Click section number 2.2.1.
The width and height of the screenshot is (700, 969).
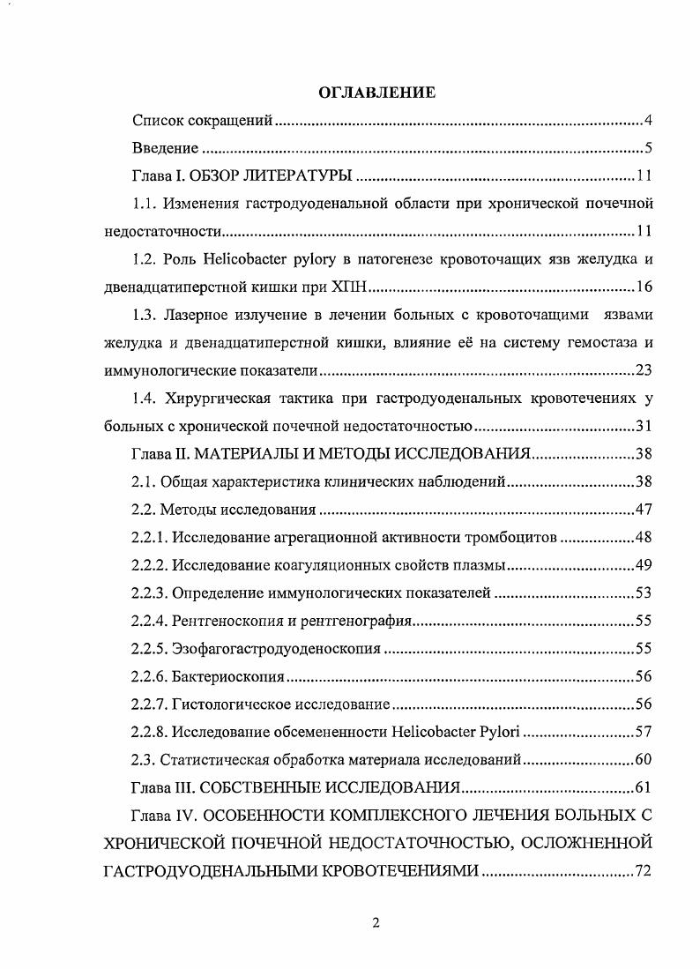pos(149,538)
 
